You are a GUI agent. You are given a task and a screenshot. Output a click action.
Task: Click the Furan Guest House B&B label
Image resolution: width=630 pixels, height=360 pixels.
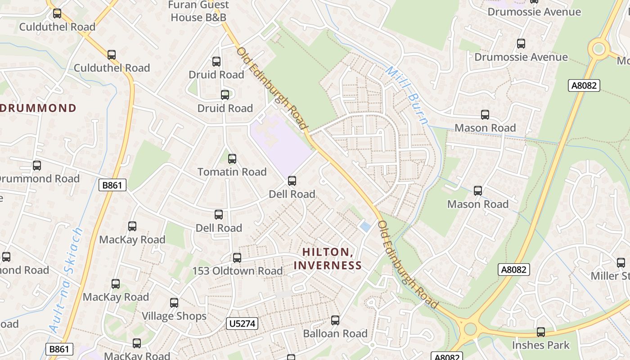pos(198,11)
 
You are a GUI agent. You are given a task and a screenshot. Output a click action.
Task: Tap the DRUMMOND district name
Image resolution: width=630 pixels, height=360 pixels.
pos(38,108)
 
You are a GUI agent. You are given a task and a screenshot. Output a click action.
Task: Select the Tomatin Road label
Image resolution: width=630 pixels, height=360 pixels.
pos(232,172)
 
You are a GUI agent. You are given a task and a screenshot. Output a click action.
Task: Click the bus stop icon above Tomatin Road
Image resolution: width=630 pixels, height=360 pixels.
pos(232,159)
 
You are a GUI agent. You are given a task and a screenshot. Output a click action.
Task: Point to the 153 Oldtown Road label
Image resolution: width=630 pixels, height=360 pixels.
pos(238,271)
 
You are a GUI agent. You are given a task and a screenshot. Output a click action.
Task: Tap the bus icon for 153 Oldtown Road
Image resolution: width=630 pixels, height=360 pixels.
pos(237,258)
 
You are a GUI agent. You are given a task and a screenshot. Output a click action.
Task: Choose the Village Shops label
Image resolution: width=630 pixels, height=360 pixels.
pos(174,316)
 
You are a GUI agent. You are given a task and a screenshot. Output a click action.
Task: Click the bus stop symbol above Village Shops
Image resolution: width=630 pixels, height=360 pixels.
pos(174,303)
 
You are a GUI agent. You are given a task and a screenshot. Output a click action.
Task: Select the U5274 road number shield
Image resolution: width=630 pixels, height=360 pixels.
pos(242,323)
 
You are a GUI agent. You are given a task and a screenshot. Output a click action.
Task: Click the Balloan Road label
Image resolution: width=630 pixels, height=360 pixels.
pos(335,333)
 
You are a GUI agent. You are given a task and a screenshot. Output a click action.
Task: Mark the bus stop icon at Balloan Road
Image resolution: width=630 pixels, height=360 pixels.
pos(335,320)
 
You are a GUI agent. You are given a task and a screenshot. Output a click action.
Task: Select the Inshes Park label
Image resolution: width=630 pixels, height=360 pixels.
pos(541,345)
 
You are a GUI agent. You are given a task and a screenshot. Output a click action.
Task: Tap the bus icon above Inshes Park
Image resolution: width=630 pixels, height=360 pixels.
pos(541,332)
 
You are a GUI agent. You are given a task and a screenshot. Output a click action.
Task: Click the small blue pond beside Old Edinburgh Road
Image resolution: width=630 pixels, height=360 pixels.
pos(365,227)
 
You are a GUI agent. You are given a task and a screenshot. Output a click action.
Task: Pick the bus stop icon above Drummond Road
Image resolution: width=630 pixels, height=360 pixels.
pos(37,166)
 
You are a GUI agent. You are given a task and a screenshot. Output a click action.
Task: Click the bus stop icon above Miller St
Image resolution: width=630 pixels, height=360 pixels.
pos(621,263)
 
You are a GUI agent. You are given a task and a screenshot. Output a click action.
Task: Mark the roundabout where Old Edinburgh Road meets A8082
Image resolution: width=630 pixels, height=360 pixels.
pos(470,328)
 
